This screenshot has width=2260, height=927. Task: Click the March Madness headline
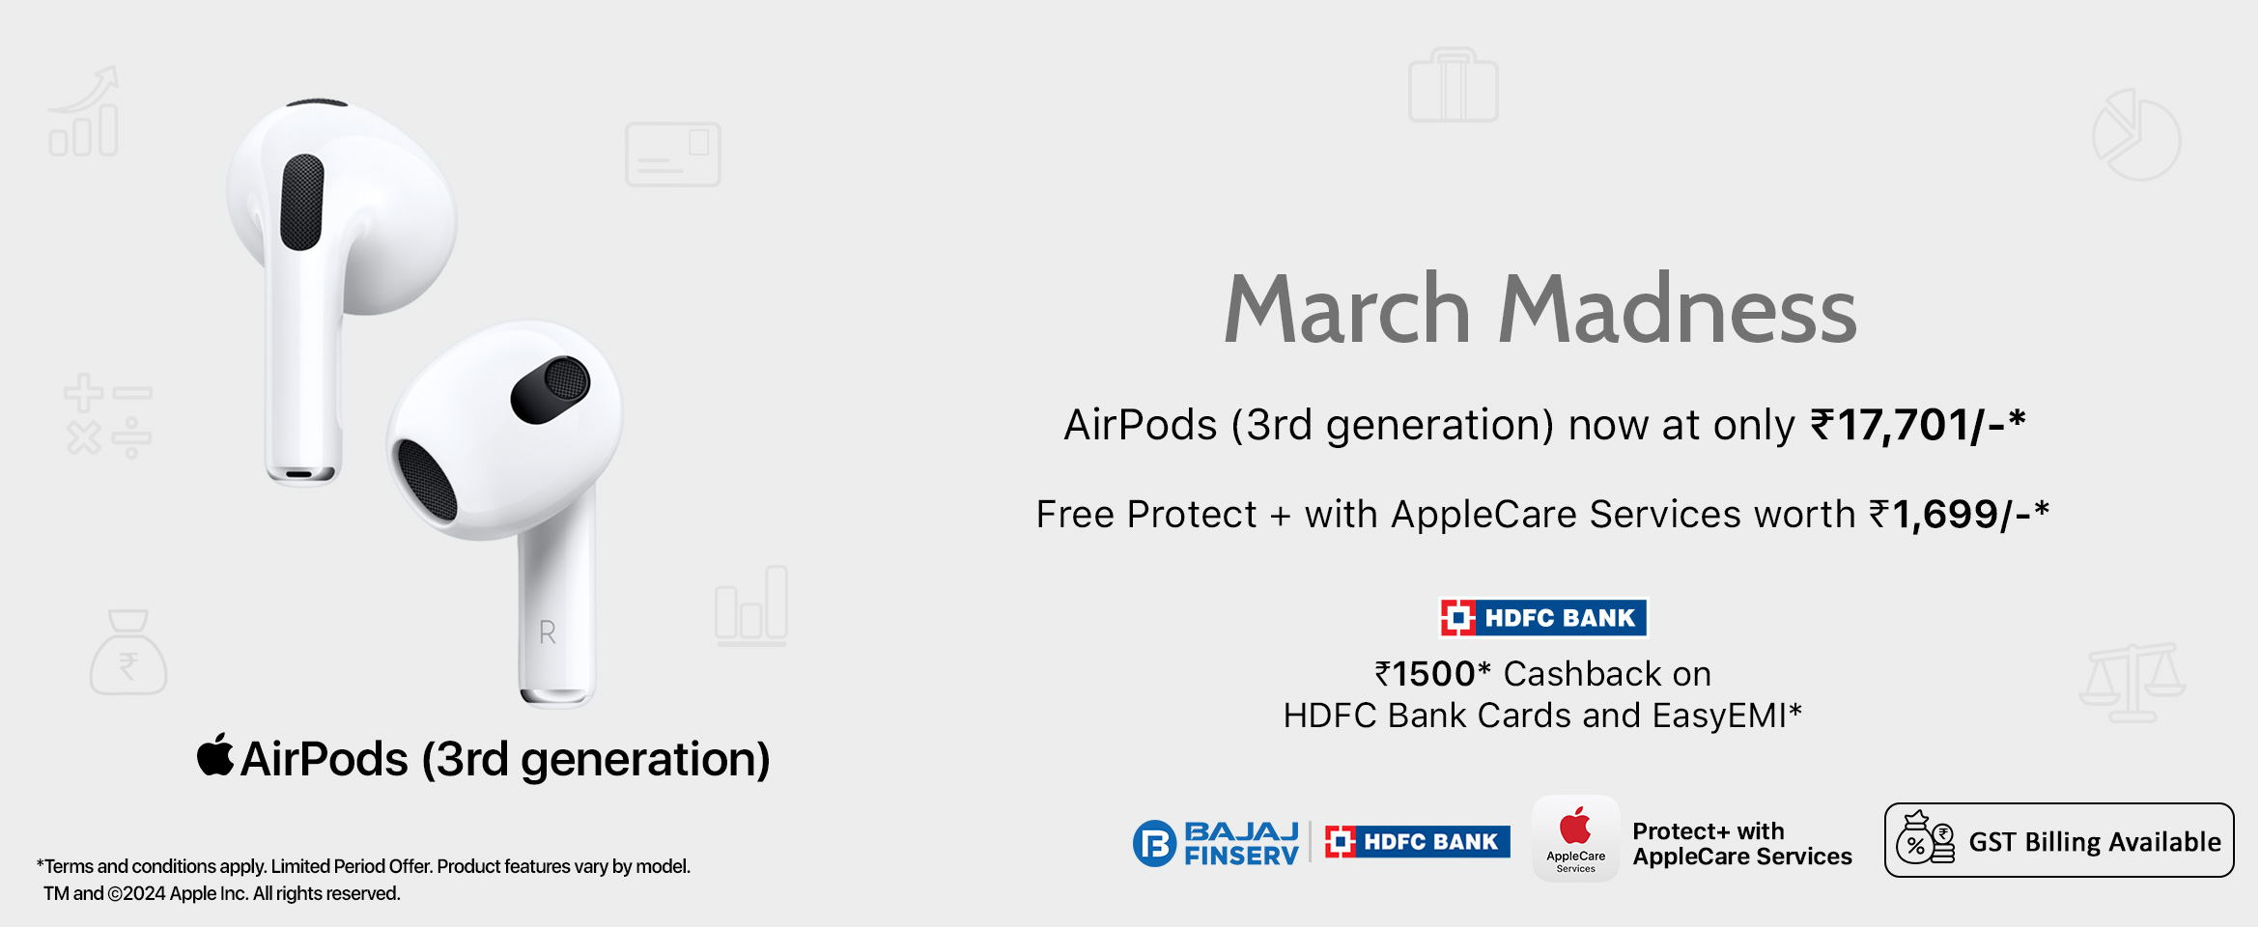click(x=1540, y=309)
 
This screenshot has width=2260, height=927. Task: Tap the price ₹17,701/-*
click(x=1917, y=425)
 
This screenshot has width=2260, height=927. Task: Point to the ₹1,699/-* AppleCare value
click(x=1959, y=515)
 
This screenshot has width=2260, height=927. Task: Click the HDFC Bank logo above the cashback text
click(x=1542, y=618)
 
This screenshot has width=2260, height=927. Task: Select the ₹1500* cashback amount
click(x=1433, y=674)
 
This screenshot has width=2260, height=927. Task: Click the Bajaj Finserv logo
click(x=1216, y=843)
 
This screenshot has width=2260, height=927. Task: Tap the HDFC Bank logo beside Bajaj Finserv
click(x=1417, y=842)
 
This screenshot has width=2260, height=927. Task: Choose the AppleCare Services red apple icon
click(x=1575, y=827)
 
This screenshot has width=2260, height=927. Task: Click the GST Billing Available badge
click(x=2059, y=840)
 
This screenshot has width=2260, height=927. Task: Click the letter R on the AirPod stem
click(x=548, y=632)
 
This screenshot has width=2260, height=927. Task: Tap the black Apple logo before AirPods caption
click(x=215, y=754)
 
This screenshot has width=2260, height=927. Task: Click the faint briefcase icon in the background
click(x=1454, y=87)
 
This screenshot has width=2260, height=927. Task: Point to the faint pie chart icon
click(x=2136, y=135)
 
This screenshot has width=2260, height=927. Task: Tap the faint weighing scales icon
click(x=2132, y=684)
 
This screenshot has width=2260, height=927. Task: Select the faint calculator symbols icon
click(x=108, y=415)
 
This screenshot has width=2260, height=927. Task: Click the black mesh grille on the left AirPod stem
click(x=302, y=202)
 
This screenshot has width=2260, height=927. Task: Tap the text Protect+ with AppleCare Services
click(x=1742, y=844)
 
